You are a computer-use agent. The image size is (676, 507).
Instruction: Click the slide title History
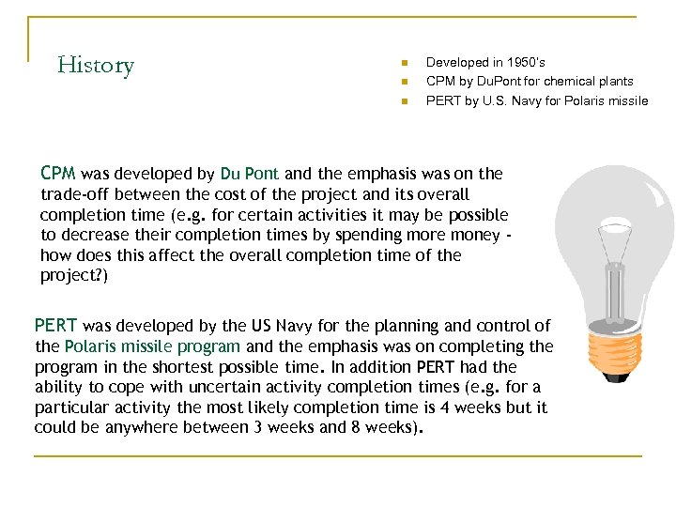[96, 65]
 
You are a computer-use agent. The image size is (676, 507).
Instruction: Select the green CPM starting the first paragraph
[59, 174]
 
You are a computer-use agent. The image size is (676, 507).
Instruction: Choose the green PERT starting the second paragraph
[56, 326]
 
